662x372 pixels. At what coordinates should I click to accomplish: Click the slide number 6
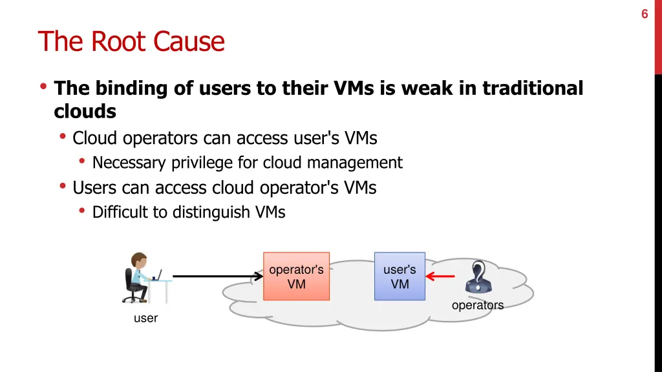coord(645,14)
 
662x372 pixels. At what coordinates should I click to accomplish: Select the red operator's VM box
coord(296,276)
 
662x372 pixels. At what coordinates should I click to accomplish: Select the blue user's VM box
coord(400,276)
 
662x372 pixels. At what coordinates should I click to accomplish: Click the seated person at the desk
coord(138,278)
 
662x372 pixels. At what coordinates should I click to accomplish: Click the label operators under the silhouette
coord(477,305)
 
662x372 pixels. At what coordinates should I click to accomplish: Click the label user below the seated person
coord(145,318)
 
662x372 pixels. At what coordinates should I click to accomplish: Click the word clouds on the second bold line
coord(85,112)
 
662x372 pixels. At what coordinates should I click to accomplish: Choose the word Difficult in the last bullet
coord(120,212)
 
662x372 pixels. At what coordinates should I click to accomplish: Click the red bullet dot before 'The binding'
coord(43,87)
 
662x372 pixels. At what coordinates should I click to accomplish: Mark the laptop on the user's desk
coord(157,275)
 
